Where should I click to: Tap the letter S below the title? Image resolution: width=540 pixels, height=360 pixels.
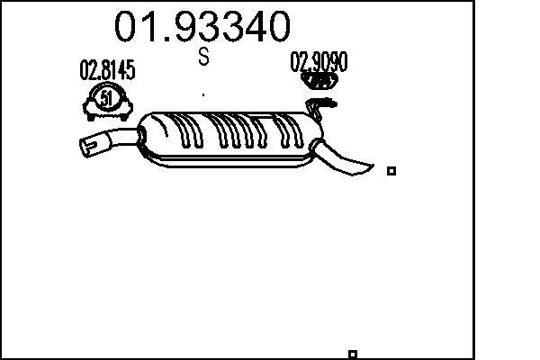[x=204, y=58]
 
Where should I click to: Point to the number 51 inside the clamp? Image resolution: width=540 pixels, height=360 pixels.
[x=107, y=98]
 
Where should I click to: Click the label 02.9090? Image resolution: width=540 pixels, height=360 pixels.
[x=318, y=61]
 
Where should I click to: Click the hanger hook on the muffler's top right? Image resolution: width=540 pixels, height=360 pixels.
[x=315, y=110]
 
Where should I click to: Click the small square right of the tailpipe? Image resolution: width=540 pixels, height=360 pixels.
[x=391, y=170]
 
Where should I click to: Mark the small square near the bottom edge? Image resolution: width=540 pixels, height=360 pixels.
[x=353, y=354]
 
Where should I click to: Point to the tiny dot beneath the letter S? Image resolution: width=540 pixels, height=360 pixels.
[x=204, y=93]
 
